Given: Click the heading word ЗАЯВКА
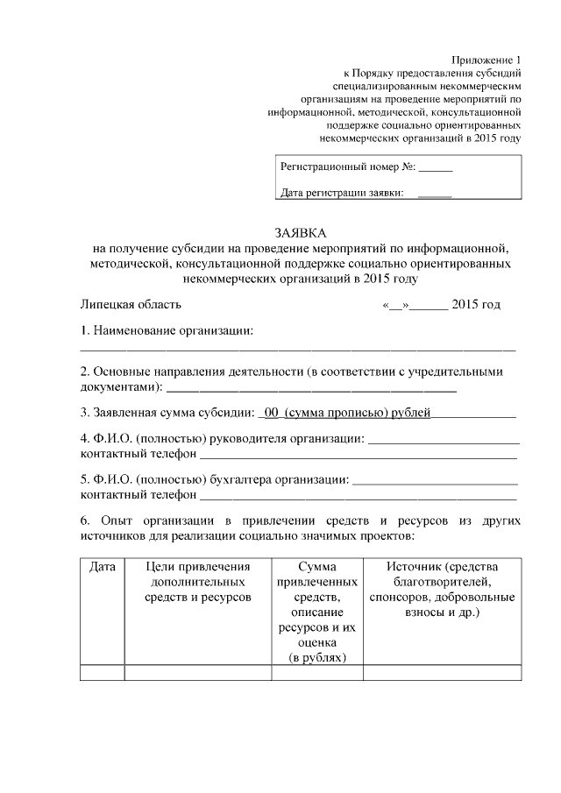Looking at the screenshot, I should coord(299,233).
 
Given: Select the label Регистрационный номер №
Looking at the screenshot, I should coord(346,165).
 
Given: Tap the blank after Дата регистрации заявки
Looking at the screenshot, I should coord(435,194).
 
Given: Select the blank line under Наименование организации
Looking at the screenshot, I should coord(298,348).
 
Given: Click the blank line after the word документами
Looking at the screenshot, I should coord(311,386).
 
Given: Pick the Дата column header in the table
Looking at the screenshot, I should coord(103,567).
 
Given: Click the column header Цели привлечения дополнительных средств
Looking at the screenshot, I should coord(198,582).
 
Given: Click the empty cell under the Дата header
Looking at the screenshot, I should coord(103,672).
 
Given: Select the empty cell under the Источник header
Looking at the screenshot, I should coord(442,672).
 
